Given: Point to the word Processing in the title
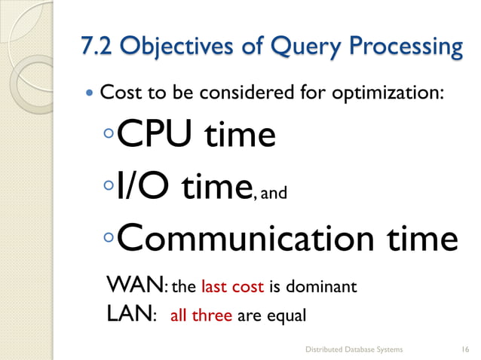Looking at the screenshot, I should pos(404,47).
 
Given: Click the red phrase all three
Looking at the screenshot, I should pos(202,316).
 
